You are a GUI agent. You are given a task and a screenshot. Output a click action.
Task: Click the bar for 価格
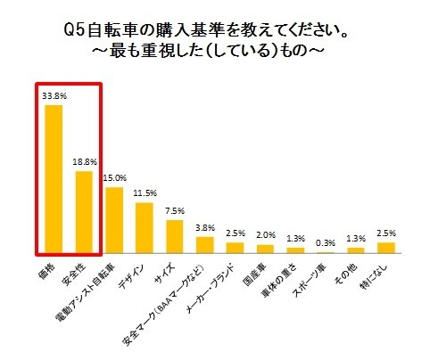tap(54, 179)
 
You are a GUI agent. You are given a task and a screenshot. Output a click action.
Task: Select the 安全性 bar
tap(84, 212)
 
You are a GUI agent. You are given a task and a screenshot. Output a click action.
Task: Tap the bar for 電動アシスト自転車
tap(114, 220)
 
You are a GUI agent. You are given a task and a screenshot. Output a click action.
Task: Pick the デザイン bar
tap(145, 227)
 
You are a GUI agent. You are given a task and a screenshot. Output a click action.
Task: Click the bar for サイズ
tap(175, 236)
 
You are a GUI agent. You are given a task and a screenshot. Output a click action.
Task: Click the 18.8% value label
tap(84, 161)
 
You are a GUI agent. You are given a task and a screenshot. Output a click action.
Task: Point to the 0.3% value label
tap(326, 241)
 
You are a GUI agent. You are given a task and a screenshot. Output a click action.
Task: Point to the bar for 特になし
tap(386, 248)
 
